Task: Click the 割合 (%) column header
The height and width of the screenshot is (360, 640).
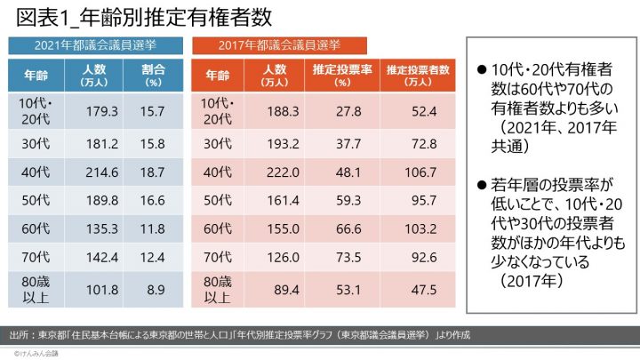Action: (x=152, y=75)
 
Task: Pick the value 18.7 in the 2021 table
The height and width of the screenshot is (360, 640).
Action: (x=152, y=171)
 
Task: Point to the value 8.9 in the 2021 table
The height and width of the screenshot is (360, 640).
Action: (x=152, y=288)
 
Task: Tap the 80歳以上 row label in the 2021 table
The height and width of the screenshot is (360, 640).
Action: (x=36, y=288)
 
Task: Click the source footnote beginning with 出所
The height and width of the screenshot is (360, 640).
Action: (x=236, y=335)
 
